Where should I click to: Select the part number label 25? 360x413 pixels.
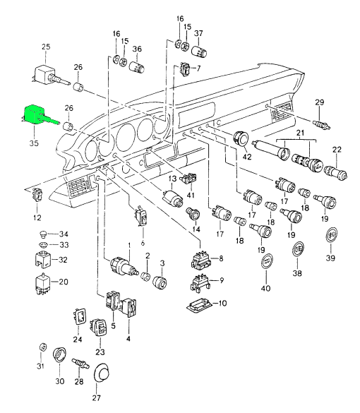(x=46, y=47)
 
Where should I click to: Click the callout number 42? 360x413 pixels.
(x=247, y=157)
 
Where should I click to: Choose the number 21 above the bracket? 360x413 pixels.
(x=300, y=132)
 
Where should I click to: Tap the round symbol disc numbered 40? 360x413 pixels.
(x=266, y=261)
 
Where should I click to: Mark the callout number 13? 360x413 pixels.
(x=172, y=179)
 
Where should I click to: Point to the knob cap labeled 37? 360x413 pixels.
(x=199, y=52)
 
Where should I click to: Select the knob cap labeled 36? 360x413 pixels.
(x=136, y=66)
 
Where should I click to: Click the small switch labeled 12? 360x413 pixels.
(x=37, y=195)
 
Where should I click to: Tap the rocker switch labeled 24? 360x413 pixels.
(x=79, y=316)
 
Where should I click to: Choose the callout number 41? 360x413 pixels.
(x=191, y=195)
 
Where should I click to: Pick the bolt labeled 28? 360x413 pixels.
(x=80, y=363)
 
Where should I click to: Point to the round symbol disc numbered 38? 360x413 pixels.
(x=299, y=249)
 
